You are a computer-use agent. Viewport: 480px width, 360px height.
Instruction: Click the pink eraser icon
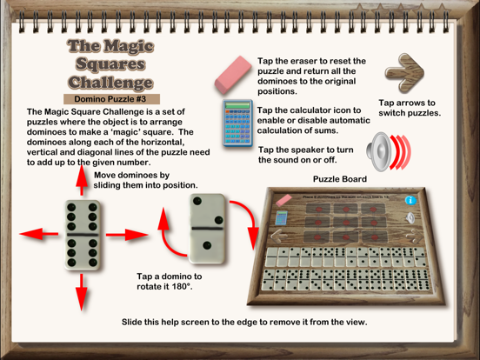[x=230, y=75]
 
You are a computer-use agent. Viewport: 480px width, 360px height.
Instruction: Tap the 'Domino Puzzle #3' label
[x=110, y=98]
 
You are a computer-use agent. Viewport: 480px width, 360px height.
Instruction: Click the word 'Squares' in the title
[x=110, y=63]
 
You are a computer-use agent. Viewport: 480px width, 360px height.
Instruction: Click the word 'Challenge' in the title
[x=110, y=83]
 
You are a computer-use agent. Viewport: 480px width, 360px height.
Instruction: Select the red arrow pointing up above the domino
[x=82, y=177]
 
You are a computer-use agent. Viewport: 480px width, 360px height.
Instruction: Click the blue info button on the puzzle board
[x=410, y=200]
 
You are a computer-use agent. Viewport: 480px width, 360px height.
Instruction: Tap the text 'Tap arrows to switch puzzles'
[x=409, y=108]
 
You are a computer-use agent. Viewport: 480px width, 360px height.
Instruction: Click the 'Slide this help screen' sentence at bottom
[x=244, y=322]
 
